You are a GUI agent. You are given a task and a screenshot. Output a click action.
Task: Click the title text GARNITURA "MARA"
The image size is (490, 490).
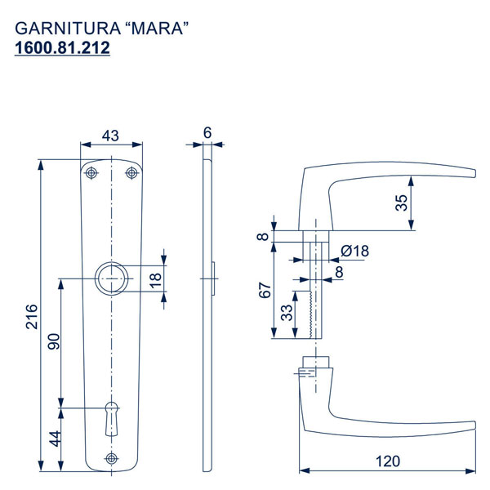point(102,29)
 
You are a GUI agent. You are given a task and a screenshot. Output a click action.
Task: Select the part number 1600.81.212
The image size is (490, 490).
point(62,48)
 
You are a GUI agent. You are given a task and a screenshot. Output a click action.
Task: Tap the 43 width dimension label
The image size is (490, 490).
point(110,136)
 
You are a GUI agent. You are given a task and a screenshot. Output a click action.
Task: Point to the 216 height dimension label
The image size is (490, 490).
point(32,316)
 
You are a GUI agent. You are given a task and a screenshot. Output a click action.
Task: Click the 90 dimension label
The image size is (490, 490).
point(54,341)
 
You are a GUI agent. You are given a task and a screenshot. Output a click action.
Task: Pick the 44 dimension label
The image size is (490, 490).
point(55,439)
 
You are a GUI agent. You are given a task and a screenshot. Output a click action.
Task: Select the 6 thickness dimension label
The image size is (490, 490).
point(207,133)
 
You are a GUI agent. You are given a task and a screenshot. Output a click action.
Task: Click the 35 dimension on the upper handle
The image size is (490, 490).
point(402,203)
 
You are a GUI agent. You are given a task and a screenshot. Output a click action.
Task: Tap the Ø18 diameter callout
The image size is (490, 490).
point(354,251)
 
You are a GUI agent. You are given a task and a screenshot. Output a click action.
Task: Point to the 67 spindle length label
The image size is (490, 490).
point(265,290)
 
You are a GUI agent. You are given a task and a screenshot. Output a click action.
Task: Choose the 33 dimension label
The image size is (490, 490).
point(287,313)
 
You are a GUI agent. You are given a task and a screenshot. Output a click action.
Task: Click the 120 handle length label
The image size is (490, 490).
point(387,461)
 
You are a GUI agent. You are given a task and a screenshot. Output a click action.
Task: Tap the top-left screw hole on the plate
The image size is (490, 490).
point(91,173)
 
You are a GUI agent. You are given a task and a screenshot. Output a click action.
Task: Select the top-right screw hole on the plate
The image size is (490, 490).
point(131,173)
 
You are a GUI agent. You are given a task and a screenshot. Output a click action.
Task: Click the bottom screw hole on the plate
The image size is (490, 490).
point(112,458)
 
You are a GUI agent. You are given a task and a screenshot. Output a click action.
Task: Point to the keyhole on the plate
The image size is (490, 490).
point(112,419)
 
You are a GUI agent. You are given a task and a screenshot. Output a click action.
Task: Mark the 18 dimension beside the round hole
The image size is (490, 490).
point(156,280)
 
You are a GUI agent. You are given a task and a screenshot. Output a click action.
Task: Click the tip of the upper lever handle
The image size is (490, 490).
point(474,173)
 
